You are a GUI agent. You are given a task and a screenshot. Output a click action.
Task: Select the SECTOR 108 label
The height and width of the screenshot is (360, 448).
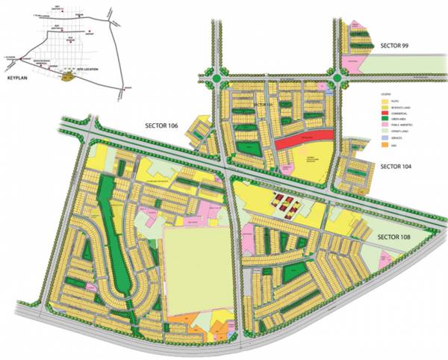399,237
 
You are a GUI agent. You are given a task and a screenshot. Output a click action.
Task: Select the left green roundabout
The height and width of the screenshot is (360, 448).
217,76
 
